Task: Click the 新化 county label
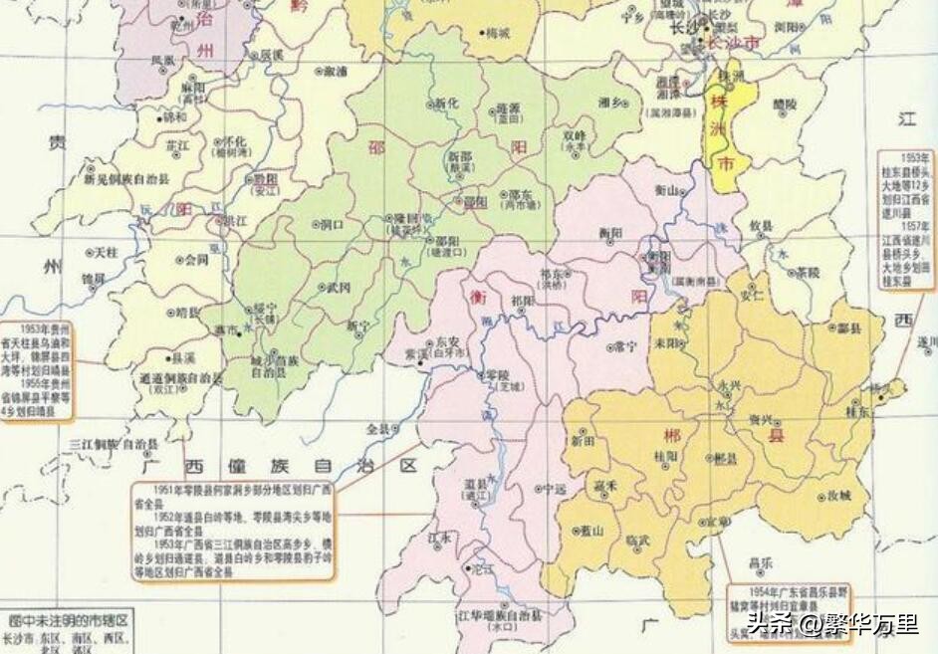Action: pyautogui.click(x=446, y=104)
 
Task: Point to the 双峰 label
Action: pyautogui.click(x=575, y=135)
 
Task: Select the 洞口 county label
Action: pyautogui.click(x=333, y=225)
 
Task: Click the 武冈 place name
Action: pyautogui.click(x=339, y=288)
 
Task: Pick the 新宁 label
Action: pyautogui.click(x=356, y=326)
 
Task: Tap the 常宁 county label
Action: pyautogui.click(x=625, y=345)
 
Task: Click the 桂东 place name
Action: pyautogui.click(x=858, y=409)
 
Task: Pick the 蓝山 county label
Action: pyautogui.click(x=591, y=531)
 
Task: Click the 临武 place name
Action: pyautogui.click(x=638, y=539)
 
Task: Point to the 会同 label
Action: pyautogui.click(x=196, y=260)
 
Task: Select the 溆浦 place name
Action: pyautogui.click(x=336, y=72)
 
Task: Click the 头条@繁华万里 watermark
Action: pyautogui.click(x=832, y=624)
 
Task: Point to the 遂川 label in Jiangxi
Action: pyautogui.click(x=926, y=342)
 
